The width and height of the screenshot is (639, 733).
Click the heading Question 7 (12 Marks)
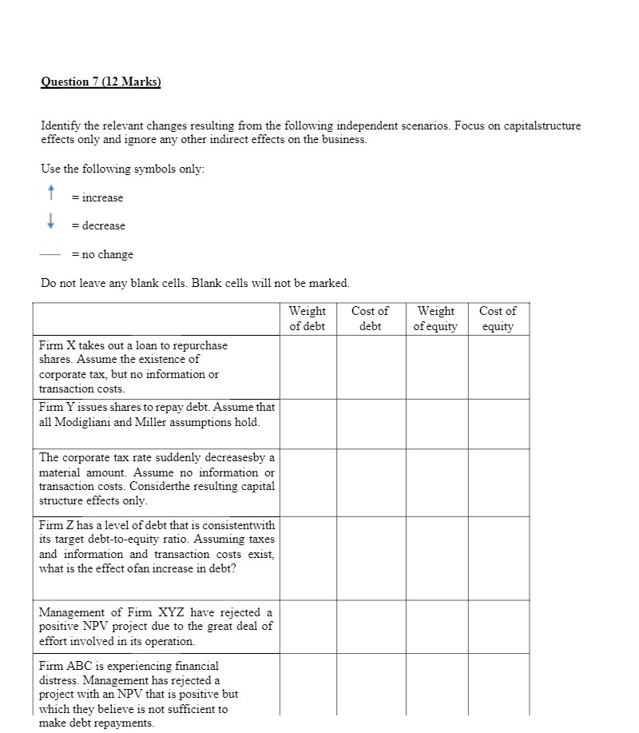[101, 82]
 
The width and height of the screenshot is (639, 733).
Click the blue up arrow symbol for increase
[50, 192]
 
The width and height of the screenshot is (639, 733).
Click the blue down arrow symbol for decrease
[50, 221]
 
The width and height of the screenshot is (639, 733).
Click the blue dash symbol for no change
[50, 254]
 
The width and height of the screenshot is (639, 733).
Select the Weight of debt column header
[307, 318]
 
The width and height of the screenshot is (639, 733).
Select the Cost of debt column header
[370, 318]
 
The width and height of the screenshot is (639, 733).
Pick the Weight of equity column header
[435, 318]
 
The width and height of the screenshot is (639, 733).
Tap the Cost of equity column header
[498, 318]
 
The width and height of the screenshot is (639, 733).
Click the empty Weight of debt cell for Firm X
[308, 366]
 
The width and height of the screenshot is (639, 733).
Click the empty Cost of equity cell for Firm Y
[498, 423]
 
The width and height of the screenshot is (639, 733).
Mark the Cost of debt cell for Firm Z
[371, 557]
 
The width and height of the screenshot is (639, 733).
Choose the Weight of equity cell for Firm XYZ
[436, 626]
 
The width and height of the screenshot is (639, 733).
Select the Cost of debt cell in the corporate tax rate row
[371, 481]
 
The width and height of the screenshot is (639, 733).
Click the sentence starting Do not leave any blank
[195, 283]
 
